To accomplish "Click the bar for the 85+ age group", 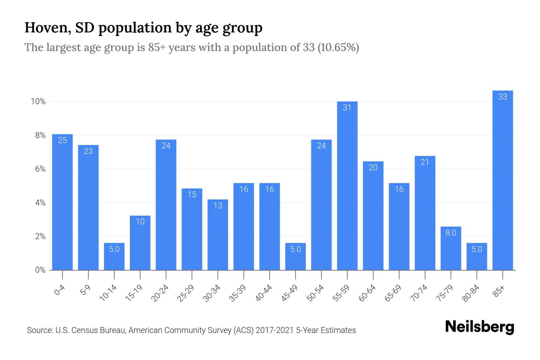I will [502, 180].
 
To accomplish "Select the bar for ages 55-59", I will [347, 186].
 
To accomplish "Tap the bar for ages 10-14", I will [114, 256].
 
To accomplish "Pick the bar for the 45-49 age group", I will [295, 256].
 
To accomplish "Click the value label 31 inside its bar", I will [347, 107].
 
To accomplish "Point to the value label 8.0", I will [451, 233].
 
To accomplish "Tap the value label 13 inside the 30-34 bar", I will [218, 205].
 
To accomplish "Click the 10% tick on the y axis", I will [38, 101].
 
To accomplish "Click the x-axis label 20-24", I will [160, 293].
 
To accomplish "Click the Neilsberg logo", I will [479, 327].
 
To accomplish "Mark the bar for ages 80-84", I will [477, 256].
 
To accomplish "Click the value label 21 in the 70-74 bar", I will [425, 162].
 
